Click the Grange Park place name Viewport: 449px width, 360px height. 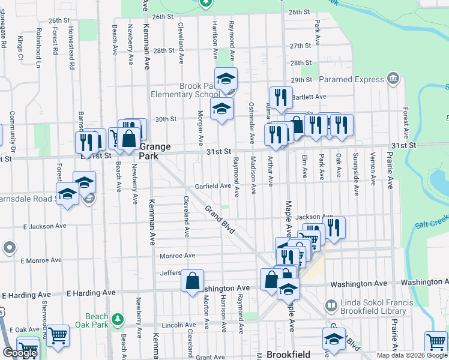tap(155, 151)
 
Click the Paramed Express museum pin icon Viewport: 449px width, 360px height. tap(393, 78)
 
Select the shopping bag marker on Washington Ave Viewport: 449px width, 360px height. tap(192, 281)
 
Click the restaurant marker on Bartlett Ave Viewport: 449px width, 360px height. tap(280, 98)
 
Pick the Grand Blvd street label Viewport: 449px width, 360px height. tap(220, 220)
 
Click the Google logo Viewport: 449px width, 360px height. tap(20, 353)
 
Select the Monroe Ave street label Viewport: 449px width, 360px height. tap(178, 256)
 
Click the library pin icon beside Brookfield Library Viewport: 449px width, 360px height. tap(331, 306)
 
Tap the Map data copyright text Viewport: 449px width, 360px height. tap(412, 355)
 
